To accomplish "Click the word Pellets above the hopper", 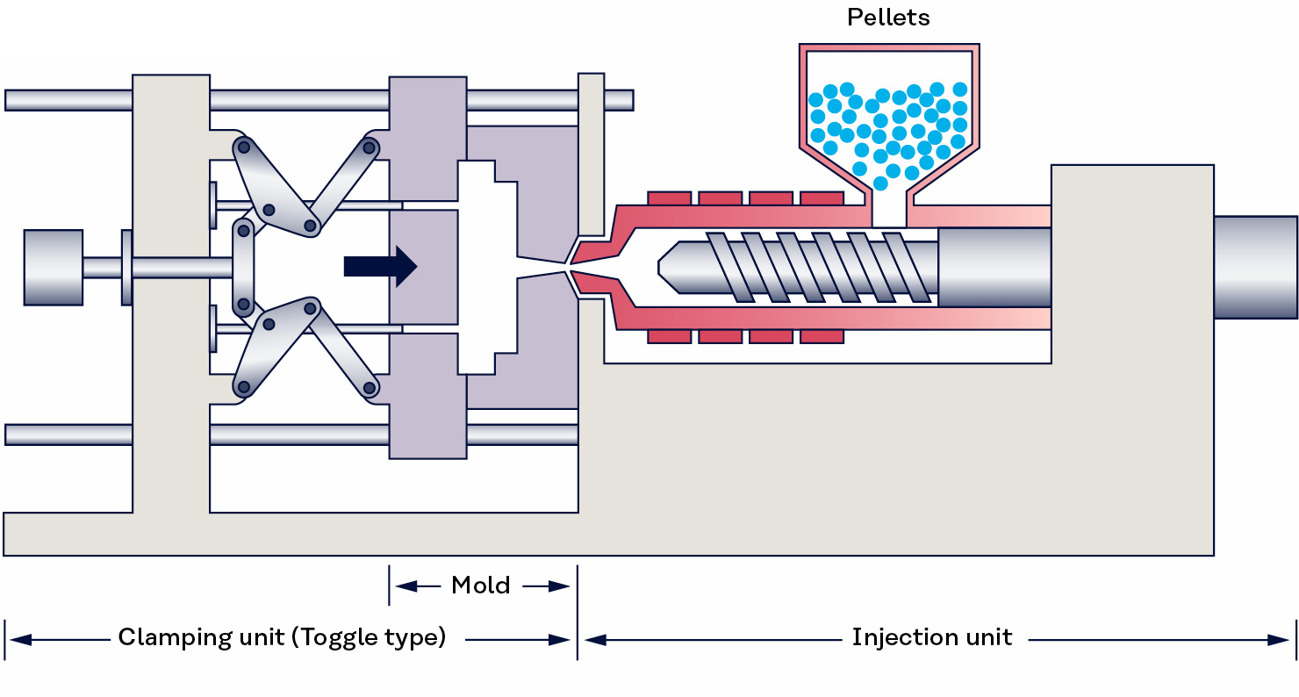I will point(888,18).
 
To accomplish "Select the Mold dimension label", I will point(480,586).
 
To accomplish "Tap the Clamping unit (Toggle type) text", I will point(282,637).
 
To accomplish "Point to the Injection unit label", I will point(931,637).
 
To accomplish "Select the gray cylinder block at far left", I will point(53,267).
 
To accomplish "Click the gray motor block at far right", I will point(1255,267).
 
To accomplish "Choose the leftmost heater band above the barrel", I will point(669,198).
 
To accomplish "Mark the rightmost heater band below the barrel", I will point(822,336).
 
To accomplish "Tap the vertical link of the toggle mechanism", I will point(243,267).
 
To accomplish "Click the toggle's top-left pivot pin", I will point(243,147).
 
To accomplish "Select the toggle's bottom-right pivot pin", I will point(370,387).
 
